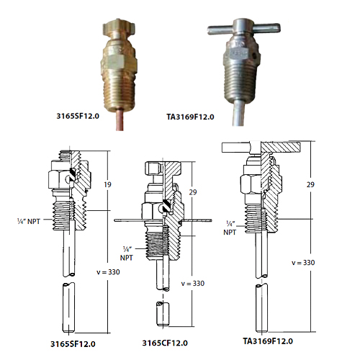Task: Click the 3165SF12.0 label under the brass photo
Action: (78, 116)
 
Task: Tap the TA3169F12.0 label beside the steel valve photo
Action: (190, 117)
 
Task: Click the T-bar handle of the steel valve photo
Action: (243, 27)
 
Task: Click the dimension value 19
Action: (107, 184)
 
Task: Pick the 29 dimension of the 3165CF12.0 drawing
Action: (193, 192)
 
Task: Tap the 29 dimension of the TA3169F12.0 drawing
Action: (310, 184)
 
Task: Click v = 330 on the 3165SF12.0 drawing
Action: (108, 272)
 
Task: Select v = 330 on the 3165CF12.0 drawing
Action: (193, 284)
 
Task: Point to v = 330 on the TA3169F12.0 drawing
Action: (303, 263)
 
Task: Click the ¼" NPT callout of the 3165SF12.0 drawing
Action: (29, 221)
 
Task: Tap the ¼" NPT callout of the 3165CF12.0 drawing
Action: (127, 253)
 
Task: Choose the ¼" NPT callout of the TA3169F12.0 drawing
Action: (230, 228)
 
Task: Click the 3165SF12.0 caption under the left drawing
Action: (73, 344)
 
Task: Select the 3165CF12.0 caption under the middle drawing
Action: (165, 343)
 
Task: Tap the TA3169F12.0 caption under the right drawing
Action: (268, 341)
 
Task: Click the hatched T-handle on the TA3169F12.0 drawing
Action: (281, 147)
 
